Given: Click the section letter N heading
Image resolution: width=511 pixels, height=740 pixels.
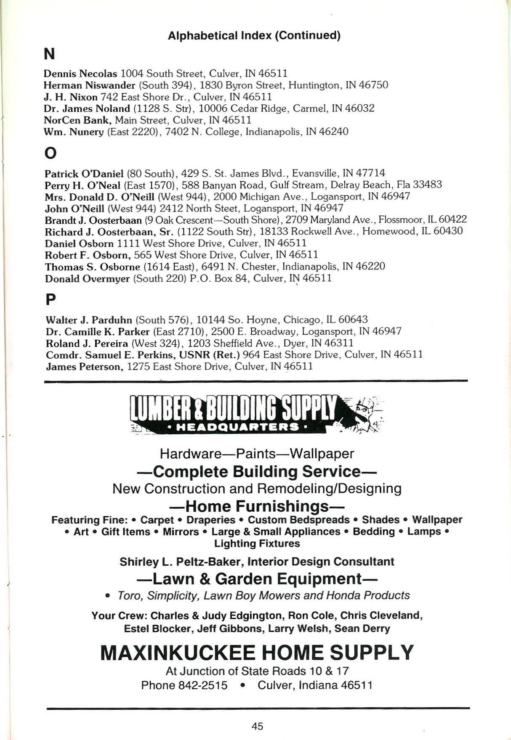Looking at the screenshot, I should [x=49, y=54].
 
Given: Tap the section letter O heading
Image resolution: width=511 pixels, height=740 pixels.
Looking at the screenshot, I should [x=50, y=153].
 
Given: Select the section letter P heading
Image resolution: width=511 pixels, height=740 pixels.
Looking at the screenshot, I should [x=50, y=300].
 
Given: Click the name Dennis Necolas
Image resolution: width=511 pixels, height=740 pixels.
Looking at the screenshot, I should [x=80, y=74].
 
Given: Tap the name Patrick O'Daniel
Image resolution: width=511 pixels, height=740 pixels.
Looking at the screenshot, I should [x=84, y=174].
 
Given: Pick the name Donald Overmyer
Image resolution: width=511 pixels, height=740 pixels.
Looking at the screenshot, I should [x=87, y=279].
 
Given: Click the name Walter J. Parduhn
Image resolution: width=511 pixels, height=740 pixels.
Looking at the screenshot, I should [x=88, y=320].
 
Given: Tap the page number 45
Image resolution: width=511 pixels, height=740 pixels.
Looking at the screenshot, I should [x=258, y=726].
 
